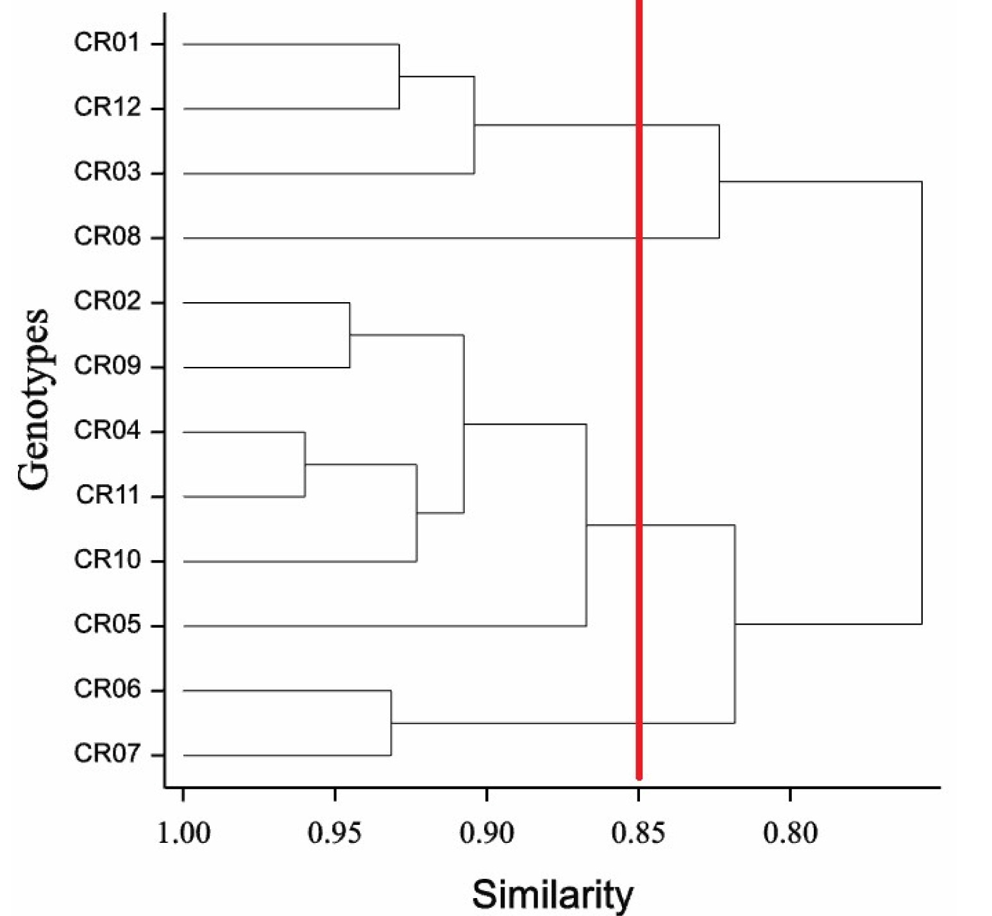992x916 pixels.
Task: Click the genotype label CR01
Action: [x=106, y=43]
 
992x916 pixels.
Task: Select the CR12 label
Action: [x=106, y=107]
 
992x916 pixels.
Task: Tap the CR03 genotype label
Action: [x=106, y=172]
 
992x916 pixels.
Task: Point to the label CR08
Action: [x=106, y=237]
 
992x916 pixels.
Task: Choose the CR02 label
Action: [x=106, y=301]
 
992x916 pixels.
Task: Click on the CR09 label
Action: [x=106, y=366]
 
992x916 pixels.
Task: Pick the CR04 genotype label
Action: [x=106, y=430]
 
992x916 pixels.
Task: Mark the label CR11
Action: [x=107, y=495]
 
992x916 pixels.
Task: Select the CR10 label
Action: [x=106, y=560]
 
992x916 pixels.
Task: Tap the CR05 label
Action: [x=106, y=624]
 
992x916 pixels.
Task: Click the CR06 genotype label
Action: [x=106, y=689]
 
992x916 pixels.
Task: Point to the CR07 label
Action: [x=106, y=754]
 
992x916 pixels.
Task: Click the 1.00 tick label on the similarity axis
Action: [x=183, y=833]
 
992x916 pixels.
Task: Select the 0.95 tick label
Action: [x=334, y=833]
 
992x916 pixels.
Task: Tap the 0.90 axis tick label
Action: [x=487, y=833]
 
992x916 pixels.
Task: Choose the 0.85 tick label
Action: [x=638, y=833]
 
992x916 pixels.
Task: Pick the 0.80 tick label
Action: [x=790, y=833]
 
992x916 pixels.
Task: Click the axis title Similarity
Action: [x=553, y=895]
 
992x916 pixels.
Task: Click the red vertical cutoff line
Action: [x=639, y=389]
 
